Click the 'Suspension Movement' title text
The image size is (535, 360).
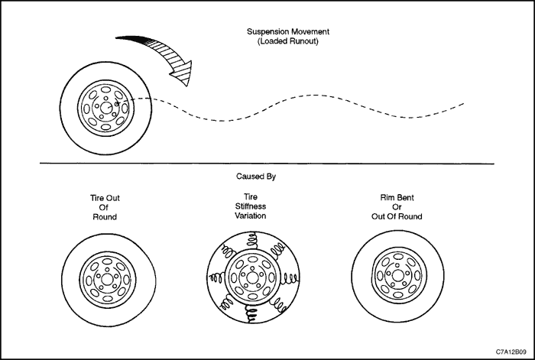288,32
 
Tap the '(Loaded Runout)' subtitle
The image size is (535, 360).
288,41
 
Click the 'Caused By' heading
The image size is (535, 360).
256,177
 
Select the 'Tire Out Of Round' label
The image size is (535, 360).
105,207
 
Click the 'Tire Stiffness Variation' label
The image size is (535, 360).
251,206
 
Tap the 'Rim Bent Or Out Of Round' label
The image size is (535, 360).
397,207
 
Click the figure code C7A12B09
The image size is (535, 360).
511,352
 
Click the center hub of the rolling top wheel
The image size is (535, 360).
105,108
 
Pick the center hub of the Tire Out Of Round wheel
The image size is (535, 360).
108,280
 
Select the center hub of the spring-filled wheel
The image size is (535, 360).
252,277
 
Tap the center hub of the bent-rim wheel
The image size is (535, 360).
397,275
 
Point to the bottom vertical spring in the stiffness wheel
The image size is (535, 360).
251,313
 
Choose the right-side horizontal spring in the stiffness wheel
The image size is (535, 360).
290,280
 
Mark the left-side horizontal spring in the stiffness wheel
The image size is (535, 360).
216,277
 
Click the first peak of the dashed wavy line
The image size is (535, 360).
316,96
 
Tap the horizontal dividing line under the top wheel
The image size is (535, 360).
267,164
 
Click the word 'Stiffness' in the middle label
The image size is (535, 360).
251,206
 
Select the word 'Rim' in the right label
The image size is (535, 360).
387,197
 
